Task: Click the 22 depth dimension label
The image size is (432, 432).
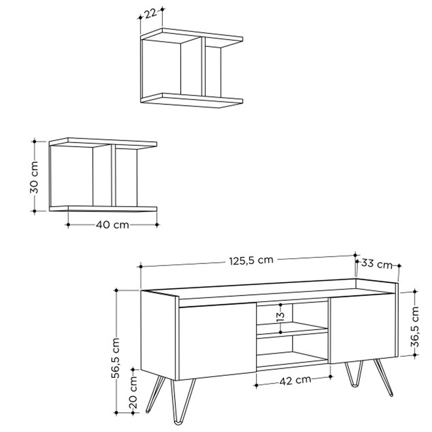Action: pos(151,13)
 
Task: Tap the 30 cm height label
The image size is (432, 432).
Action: pos(35,177)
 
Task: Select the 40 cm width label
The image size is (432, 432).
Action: pos(112,225)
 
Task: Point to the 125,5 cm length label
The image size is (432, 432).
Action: pos(251,260)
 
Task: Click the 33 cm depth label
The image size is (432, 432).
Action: pos(377,264)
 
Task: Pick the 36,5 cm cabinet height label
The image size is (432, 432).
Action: pos(415,326)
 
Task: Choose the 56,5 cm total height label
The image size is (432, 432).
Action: pos(116,358)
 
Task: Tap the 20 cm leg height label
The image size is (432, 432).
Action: pos(133,392)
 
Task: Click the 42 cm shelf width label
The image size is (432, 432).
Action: pos(295,381)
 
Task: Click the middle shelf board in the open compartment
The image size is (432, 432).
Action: pos(292,328)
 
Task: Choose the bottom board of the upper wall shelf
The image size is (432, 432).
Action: pos(192,101)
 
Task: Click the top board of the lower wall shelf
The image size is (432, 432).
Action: pos(103,143)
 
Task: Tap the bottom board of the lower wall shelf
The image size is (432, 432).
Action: pos(103,209)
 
